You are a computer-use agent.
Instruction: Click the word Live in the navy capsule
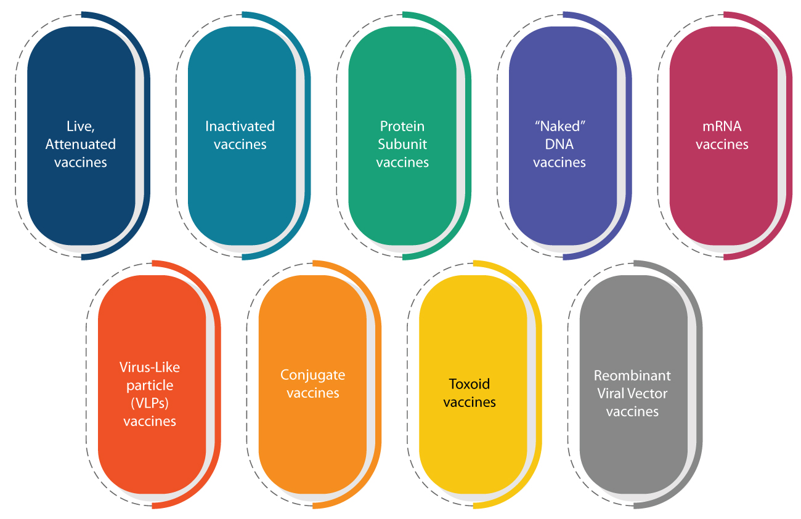pyautogui.click(x=78, y=126)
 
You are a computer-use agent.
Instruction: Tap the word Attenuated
pyautogui.click(x=81, y=144)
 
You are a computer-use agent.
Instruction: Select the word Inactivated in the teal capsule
pyautogui.click(x=240, y=126)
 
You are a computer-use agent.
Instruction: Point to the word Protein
pyautogui.click(x=402, y=126)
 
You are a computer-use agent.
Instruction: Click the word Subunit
pyautogui.click(x=402, y=144)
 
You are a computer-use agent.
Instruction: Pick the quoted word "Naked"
pyautogui.click(x=559, y=126)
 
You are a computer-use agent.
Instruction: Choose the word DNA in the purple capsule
pyautogui.click(x=559, y=144)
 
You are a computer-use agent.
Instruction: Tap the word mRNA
pyautogui.click(x=722, y=126)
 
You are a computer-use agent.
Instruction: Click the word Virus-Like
pyautogui.click(x=149, y=368)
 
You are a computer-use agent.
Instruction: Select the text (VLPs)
pyautogui.click(x=150, y=403)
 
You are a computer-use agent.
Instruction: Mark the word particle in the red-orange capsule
pyautogui.click(x=150, y=385)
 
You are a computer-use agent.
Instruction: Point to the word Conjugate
pyautogui.click(x=312, y=375)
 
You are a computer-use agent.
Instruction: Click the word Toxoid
pyautogui.click(x=469, y=384)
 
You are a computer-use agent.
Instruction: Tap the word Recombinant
pyautogui.click(x=632, y=375)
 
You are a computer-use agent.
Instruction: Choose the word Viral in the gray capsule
pyautogui.click(x=611, y=393)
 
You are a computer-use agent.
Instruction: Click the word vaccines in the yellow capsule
pyautogui.click(x=470, y=403)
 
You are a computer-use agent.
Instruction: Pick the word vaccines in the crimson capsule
pyautogui.click(x=722, y=145)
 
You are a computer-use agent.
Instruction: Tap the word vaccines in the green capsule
pyautogui.click(x=402, y=163)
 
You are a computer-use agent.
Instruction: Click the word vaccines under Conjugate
pyautogui.click(x=313, y=393)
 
